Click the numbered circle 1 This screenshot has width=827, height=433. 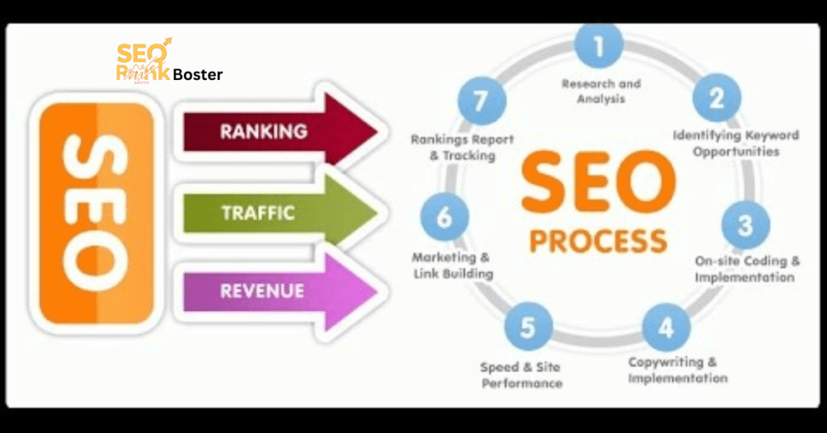598,46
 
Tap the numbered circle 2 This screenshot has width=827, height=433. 716,99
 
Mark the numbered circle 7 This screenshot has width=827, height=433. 482,103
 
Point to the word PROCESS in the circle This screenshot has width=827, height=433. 598,241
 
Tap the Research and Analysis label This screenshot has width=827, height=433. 601,91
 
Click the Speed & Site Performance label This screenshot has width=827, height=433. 522,375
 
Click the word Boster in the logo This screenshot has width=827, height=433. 198,75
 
